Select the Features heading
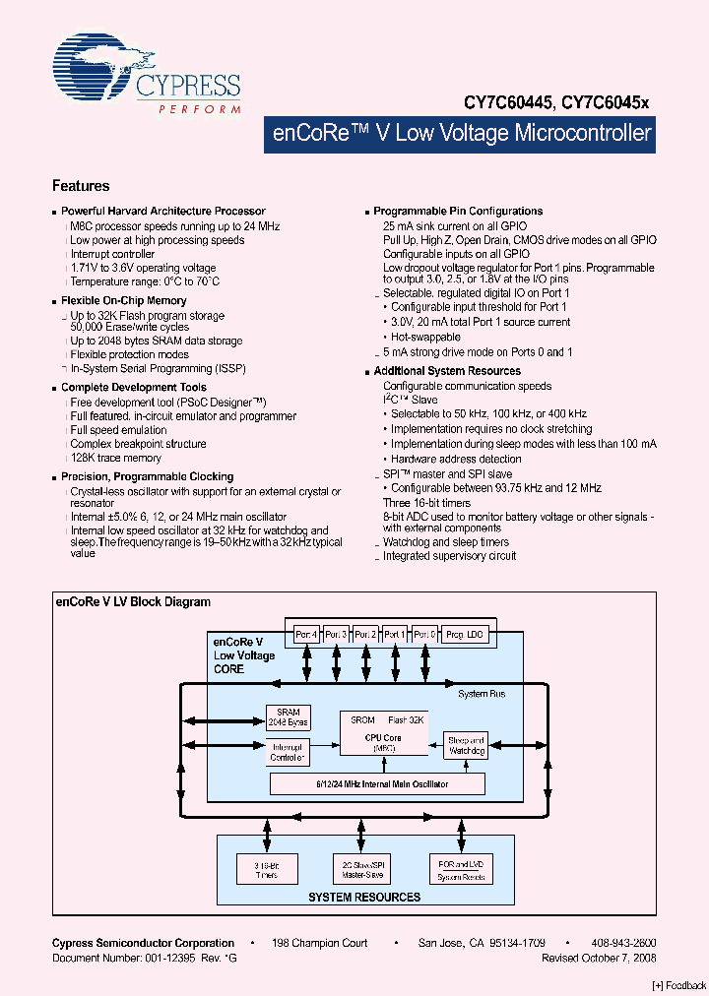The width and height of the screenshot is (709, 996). point(81,186)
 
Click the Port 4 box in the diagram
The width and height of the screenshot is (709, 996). point(306,634)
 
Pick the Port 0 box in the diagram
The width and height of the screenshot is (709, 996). point(425,634)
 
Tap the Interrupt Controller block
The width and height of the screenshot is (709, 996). point(289,753)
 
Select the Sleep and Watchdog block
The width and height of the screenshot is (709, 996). point(466,745)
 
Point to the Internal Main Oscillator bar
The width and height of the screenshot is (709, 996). point(377,783)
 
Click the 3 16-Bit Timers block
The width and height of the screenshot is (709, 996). point(265,869)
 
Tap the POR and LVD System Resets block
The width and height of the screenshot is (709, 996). point(461,869)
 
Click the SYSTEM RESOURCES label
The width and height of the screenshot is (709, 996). point(364,897)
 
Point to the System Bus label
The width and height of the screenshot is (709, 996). point(483,694)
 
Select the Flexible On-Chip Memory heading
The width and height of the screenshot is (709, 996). point(123,300)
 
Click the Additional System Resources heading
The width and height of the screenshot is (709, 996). point(447,371)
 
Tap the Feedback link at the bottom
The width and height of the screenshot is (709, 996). point(679,985)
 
